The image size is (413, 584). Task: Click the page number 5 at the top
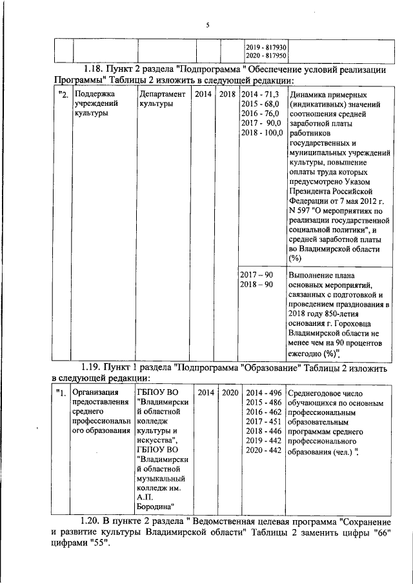click(x=207, y=25)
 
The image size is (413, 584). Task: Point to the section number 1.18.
click(x=96, y=69)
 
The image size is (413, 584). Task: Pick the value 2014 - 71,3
click(x=259, y=95)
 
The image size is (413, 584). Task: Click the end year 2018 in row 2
click(x=228, y=95)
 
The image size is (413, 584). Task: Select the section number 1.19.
click(x=96, y=368)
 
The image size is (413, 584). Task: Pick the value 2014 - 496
click(x=263, y=393)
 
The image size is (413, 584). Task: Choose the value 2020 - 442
click(x=263, y=450)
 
